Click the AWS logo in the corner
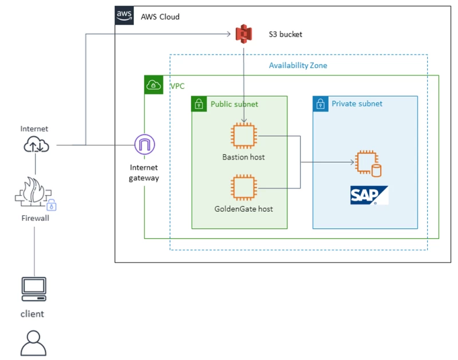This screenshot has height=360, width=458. (125, 15)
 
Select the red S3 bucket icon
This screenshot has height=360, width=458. (244, 34)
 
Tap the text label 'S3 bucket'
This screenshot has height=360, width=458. (285, 34)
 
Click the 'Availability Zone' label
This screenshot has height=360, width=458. (298, 66)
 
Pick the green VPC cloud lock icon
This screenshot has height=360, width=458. (153, 85)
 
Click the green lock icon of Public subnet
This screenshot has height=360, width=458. (199, 104)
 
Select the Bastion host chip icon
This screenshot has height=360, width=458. (244, 136)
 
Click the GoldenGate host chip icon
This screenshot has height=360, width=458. (244, 188)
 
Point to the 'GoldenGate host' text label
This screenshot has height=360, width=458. (244, 209)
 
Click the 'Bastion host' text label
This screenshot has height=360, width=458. (244, 157)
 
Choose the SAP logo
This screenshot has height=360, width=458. (369, 195)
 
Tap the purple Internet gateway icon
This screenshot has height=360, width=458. (144, 145)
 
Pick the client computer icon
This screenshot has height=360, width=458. (34, 289)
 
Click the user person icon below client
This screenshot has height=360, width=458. (33, 343)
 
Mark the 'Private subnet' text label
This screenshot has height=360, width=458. (357, 104)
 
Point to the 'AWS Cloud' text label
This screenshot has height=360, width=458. (160, 17)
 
